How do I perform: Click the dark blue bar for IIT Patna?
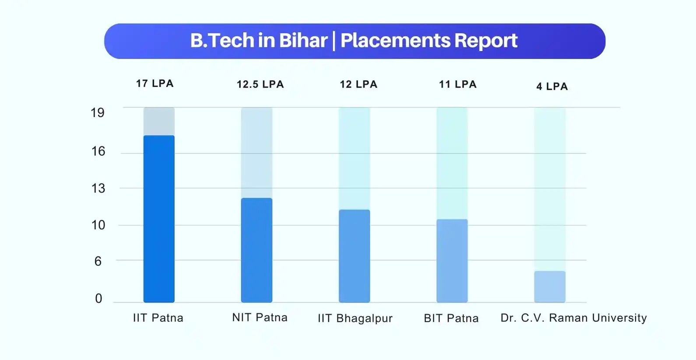click(x=159, y=219)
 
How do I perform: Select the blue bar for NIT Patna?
click(x=257, y=250)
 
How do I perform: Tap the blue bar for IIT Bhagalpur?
click(x=354, y=256)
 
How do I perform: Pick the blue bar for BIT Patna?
click(x=452, y=261)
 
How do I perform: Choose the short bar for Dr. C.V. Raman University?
click(x=550, y=287)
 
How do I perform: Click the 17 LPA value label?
click(x=155, y=84)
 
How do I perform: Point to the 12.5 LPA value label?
click(x=260, y=84)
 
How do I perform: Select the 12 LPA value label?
click(x=359, y=84)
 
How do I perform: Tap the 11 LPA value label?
click(x=458, y=84)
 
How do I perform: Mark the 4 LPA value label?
click(x=552, y=86)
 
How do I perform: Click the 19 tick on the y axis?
click(x=98, y=112)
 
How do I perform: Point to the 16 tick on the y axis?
click(x=98, y=151)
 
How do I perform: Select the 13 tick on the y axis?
click(x=98, y=188)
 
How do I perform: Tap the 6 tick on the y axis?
click(x=98, y=262)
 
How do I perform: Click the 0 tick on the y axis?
click(x=98, y=298)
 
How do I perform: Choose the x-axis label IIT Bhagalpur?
click(x=355, y=318)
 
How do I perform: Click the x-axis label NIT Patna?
click(x=260, y=318)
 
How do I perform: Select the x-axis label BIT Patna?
click(x=451, y=318)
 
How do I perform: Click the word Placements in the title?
click(x=395, y=40)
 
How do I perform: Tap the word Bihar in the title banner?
click(x=303, y=40)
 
